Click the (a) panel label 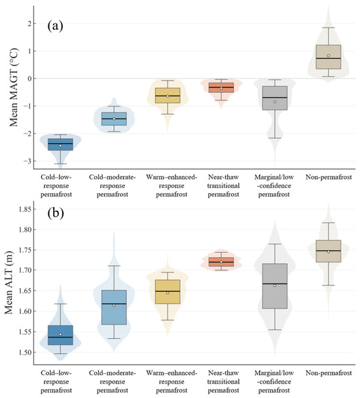pos(55,26)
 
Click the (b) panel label pos(56,213)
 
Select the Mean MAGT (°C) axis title pos(14,87)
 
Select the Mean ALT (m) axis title pos(9,283)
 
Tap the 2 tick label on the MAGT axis pos(29,24)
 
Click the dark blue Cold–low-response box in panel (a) pos(60,145)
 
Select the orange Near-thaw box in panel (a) pos(221,87)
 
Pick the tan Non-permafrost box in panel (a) pos(329,57)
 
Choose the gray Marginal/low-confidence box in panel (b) pos(275,286)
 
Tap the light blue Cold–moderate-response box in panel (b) pos(114,308)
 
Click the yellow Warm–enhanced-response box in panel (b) pos(168,292)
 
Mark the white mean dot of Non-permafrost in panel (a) pos(329,56)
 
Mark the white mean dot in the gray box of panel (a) pos(275,102)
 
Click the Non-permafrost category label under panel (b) pos(329,373)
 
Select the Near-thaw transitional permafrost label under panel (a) pos(223,185)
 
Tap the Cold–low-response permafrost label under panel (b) pos(56,382)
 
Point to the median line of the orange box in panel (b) pos(221,262)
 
